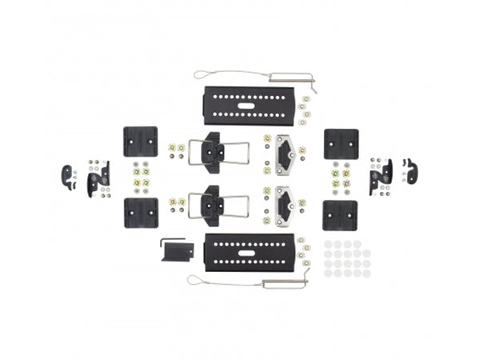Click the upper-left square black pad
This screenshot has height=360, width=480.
point(140,142)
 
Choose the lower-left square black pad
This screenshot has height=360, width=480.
point(140,214)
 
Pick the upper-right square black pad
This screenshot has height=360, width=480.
point(340,143)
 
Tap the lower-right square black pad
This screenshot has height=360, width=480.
point(340,215)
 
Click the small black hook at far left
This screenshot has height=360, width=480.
point(67,176)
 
